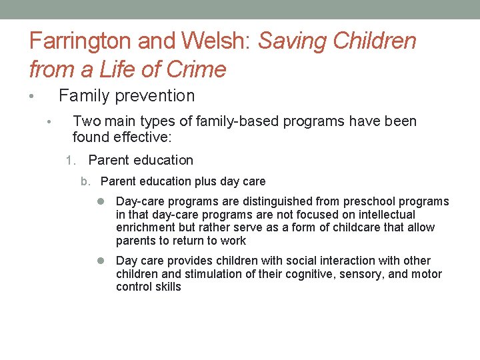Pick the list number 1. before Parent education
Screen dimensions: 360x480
pyautogui.click(x=73, y=161)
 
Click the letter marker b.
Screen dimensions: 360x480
pyautogui.click(x=85, y=181)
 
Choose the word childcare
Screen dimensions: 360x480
pyautogui.click(x=353, y=228)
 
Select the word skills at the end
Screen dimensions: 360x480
pyautogui.click(x=167, y=287)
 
